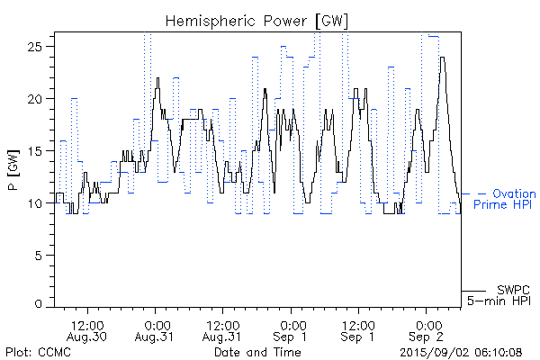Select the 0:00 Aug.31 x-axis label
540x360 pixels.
pyautogui.click(x=157, y=329)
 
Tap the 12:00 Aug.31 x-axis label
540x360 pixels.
pyautogui.click(x=223, y=329)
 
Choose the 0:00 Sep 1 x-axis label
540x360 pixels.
pyautogui.click(x=291, y=329)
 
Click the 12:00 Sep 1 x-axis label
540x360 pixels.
pyautogui.click(x=358, y=329)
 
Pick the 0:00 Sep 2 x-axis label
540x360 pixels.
pyautogui.click(x=426, y=329)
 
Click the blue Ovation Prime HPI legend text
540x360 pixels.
pyautogui.click(x=508, y=200)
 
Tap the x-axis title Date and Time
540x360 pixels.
pyautogui.click(x=256, y=351)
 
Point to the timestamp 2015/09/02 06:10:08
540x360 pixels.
pyautogui.click(x=462, y=351)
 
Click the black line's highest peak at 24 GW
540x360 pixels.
pyautogui.click(x=442, y=58)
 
